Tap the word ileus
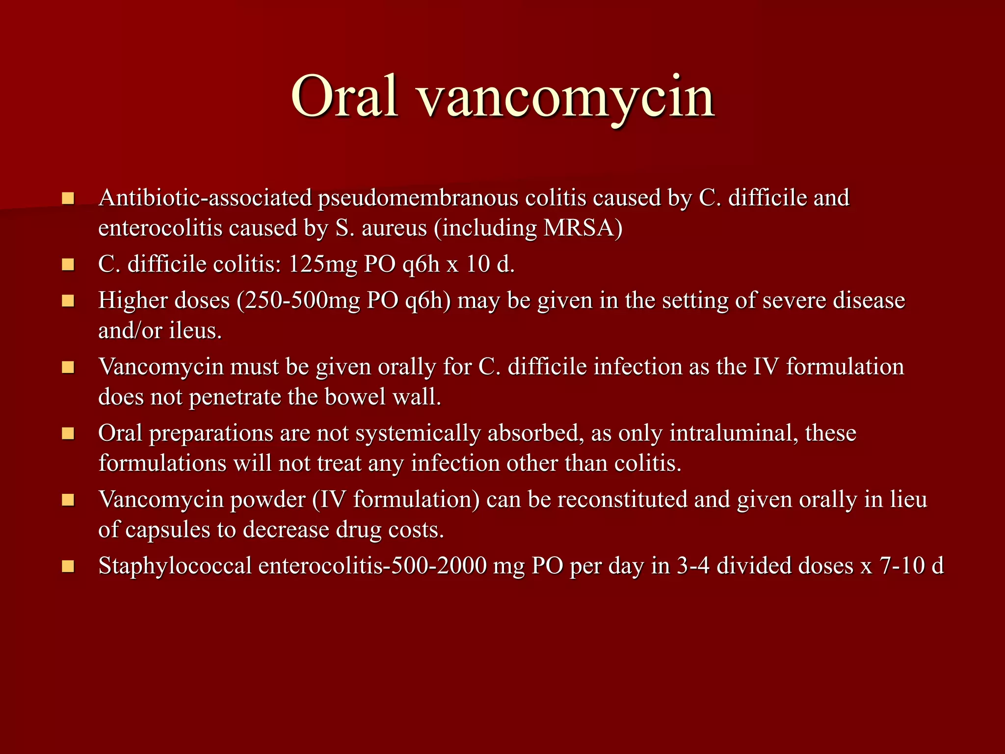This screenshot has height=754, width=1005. pos(195,331)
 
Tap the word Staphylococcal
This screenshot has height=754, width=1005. pos(175,566)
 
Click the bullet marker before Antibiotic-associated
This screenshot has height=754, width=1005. pos(68,199)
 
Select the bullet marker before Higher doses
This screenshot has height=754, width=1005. pos(68,301)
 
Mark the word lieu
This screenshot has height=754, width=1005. pos(908,500)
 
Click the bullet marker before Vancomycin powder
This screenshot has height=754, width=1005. pos(68,500)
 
